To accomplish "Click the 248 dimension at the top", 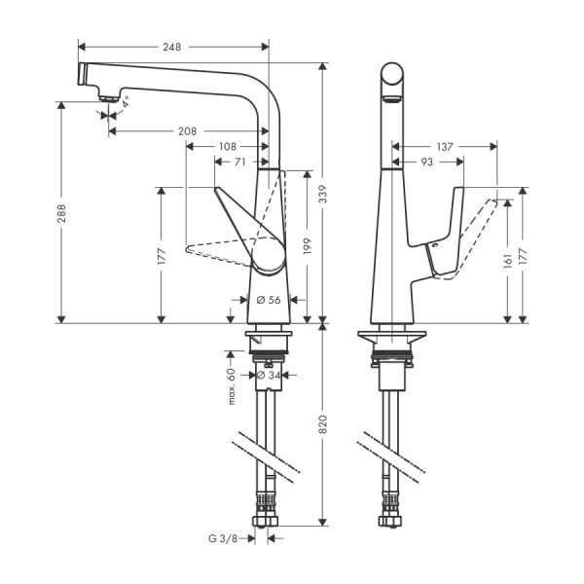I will (173, 47).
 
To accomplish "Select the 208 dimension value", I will (188, 130).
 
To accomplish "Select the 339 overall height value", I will (322, 197).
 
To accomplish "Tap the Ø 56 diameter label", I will (268, 300).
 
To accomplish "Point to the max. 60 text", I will (232, 385).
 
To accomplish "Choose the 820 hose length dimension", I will (322, 425).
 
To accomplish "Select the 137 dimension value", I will (444, 146).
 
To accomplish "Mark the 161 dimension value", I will (508, 261).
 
